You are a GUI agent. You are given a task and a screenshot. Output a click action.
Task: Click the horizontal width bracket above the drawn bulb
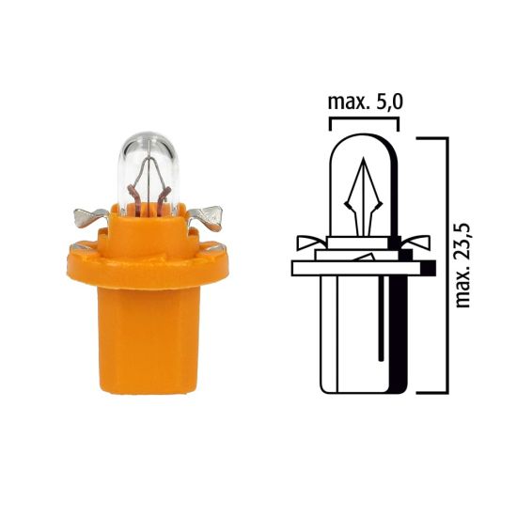(x=363, y=121)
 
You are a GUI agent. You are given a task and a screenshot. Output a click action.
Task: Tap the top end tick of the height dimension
(x=431, y=137)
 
